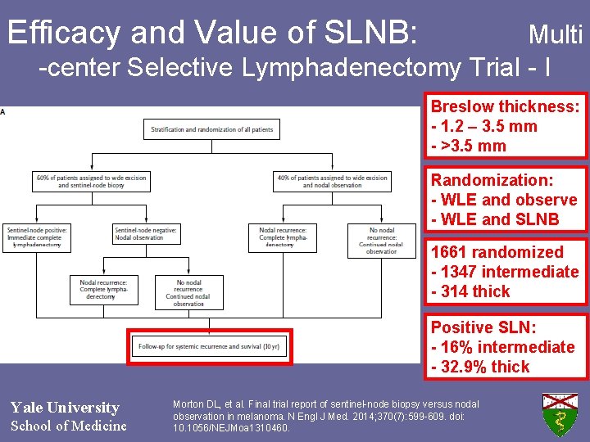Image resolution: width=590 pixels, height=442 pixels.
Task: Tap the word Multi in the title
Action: pos(556,34)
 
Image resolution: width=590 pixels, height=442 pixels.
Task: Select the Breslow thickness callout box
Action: pos(505,126)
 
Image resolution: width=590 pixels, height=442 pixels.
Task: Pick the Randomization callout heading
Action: pos(492,180)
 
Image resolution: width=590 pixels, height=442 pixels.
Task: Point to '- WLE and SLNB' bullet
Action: pos(495,219)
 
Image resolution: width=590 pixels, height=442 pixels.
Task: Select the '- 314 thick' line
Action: pos(470,291)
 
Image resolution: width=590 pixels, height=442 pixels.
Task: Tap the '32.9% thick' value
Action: pos(481,367)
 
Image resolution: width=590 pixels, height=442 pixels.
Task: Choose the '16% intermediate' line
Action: pos(503,347)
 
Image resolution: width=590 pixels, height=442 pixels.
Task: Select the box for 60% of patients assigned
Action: pos(91,182)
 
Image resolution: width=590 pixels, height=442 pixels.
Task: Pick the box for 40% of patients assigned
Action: pos(332,182)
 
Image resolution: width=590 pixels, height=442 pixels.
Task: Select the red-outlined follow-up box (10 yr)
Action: pos(209,346)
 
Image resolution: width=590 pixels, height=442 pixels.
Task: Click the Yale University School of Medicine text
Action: pos(68,416)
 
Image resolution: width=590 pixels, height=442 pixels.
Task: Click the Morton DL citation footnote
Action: pos(326,416)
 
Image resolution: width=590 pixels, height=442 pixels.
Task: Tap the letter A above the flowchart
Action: pos(2,112)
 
